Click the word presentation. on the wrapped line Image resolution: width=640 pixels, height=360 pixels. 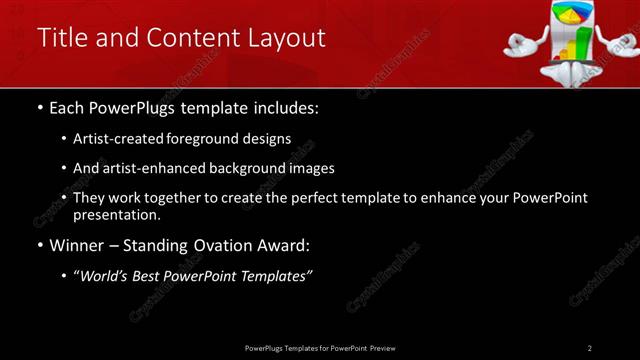[116, 214]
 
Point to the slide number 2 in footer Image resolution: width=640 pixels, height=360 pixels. [590, 348]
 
